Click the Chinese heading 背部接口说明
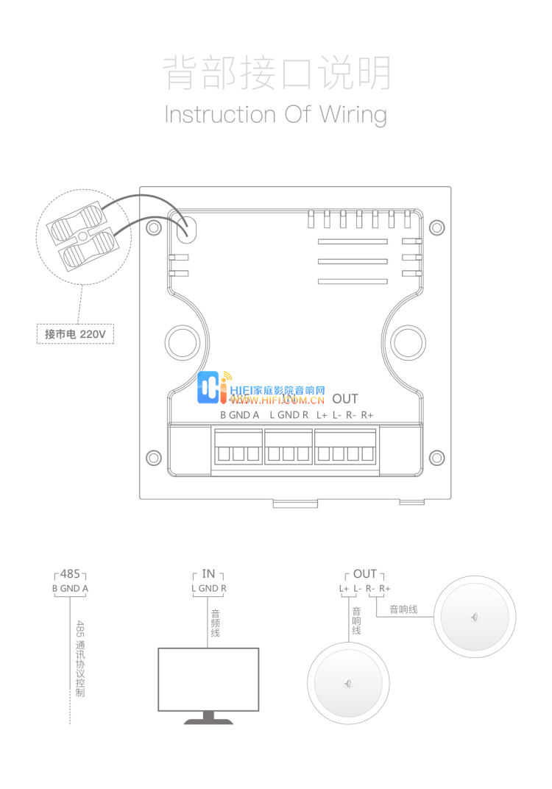[276, 73]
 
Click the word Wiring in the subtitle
[353, 115]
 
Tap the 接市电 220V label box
[75, 334]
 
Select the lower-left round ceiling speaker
[347, 684]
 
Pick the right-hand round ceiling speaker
[474, 616]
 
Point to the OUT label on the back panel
[344, 399]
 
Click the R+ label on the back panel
[367, 415]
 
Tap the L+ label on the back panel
[321, 415]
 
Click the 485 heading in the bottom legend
[70, 573]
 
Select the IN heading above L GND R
[208, 573]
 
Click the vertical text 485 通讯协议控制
[80, 659]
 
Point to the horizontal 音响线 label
[403, 609]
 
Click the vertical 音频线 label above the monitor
[215, 623]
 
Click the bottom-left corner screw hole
[153, 458]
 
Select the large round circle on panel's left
[180, 342]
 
